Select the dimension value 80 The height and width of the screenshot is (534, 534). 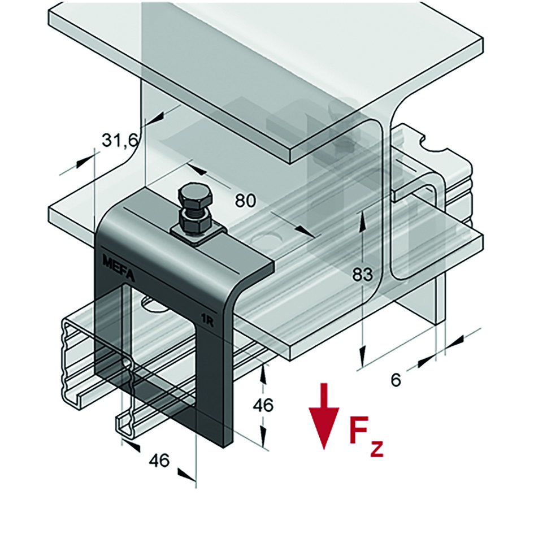[246, 199]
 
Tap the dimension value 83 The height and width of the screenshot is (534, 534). [362, 275]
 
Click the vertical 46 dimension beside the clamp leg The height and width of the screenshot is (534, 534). [263, 405]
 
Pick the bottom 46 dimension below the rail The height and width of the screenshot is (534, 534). [159, 461]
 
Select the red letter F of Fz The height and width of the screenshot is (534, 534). [358, 431]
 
